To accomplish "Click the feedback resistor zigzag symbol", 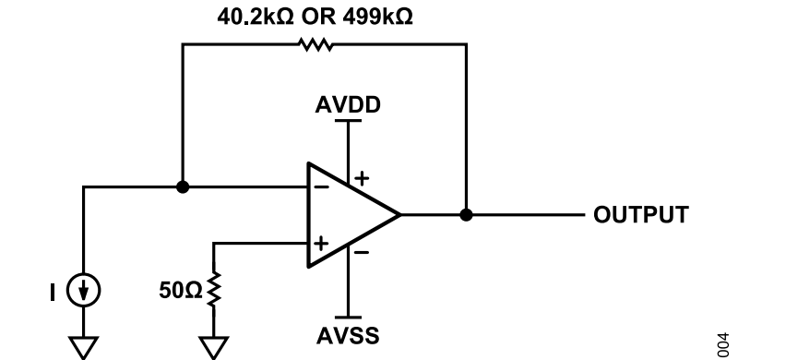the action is point(316,44).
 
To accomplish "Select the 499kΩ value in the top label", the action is point(378,17).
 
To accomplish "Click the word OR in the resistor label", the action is point(318,17).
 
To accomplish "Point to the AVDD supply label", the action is point(348,105).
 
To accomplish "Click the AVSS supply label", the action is point(348,335).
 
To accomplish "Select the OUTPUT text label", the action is point(641,214).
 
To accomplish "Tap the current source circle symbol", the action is point(84,290).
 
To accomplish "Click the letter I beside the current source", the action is point(53,293).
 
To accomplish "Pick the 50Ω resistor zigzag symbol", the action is point(214,289).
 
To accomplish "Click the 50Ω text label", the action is point(181,290).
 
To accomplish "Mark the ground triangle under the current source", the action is point(84,348).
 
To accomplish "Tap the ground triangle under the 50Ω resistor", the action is point(214,348).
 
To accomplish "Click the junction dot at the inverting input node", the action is point(183,187).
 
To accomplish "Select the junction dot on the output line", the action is point(466,214).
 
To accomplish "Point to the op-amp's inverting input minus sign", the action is point(322,187).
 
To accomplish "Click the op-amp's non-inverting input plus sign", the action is point(321,244).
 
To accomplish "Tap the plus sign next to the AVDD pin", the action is point(362,178).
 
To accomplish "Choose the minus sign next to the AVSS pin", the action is point(362,252).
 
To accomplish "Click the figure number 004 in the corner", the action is point(723,345).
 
